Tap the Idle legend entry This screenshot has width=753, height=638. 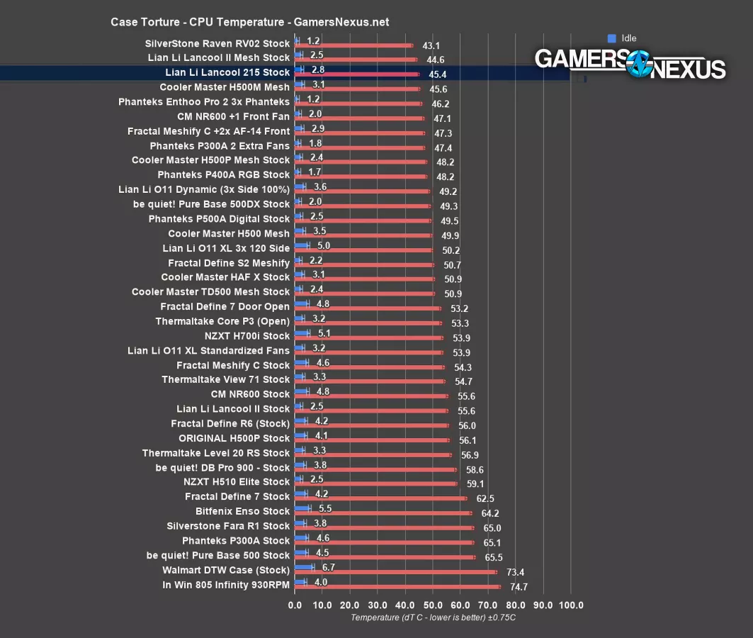coord(623,38)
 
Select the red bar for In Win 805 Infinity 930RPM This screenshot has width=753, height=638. coord(397,587)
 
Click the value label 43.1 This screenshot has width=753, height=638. coord(431,45)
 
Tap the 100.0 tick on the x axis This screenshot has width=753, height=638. coord(571,605)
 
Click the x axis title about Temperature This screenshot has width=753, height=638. coord(433,617)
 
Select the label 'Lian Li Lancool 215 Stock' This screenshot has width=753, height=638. coord(227,72)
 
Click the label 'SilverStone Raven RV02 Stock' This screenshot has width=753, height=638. coord(217,43)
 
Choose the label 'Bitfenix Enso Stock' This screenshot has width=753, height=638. coord(242,511)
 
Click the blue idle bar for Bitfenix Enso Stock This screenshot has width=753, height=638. coord(302,508)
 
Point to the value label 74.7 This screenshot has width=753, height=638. coord(519,587)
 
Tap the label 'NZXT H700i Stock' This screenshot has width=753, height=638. coord(247,336)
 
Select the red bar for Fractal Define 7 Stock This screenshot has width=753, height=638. coord(380,499)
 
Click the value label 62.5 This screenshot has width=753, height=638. coord(485,499)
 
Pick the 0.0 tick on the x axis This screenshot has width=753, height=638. coord(295,605)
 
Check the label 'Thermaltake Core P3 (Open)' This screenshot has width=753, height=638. coord(222,321)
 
